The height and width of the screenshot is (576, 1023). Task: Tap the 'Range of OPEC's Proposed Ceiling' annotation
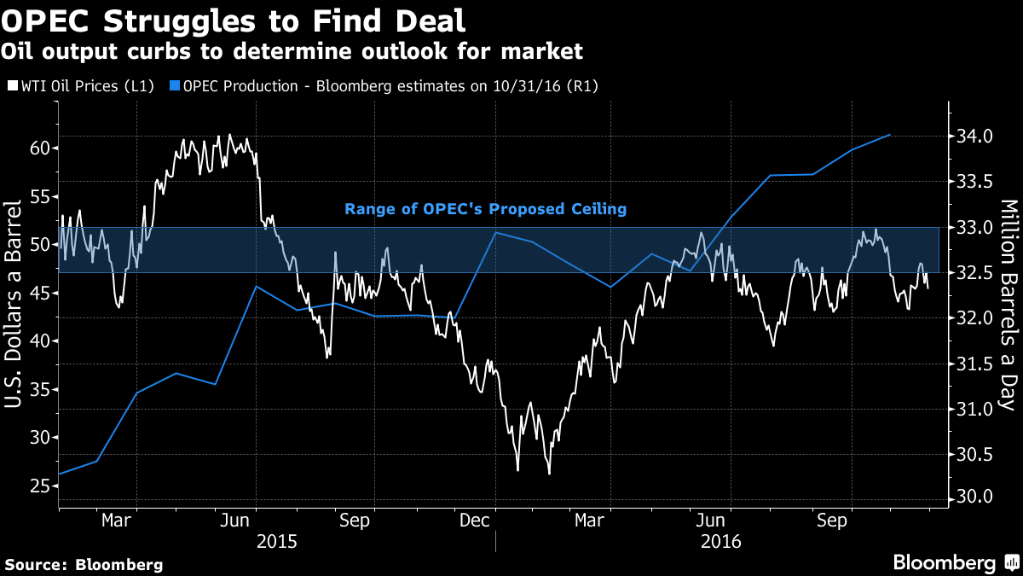click(485, 208)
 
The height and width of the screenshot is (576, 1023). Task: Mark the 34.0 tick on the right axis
click(974, 137)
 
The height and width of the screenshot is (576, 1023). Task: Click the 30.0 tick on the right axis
click(974, 497)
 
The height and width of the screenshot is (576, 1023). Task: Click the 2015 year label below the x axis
click(278, 541)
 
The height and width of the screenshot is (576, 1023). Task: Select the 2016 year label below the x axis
click(721, 541)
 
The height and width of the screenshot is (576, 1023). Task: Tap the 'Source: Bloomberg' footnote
click(84, 564)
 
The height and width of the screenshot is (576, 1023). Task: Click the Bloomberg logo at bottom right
click(955, 562)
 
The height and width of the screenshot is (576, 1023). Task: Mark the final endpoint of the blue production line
click(890, 135)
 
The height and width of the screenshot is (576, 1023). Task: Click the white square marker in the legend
click(11, 85)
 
